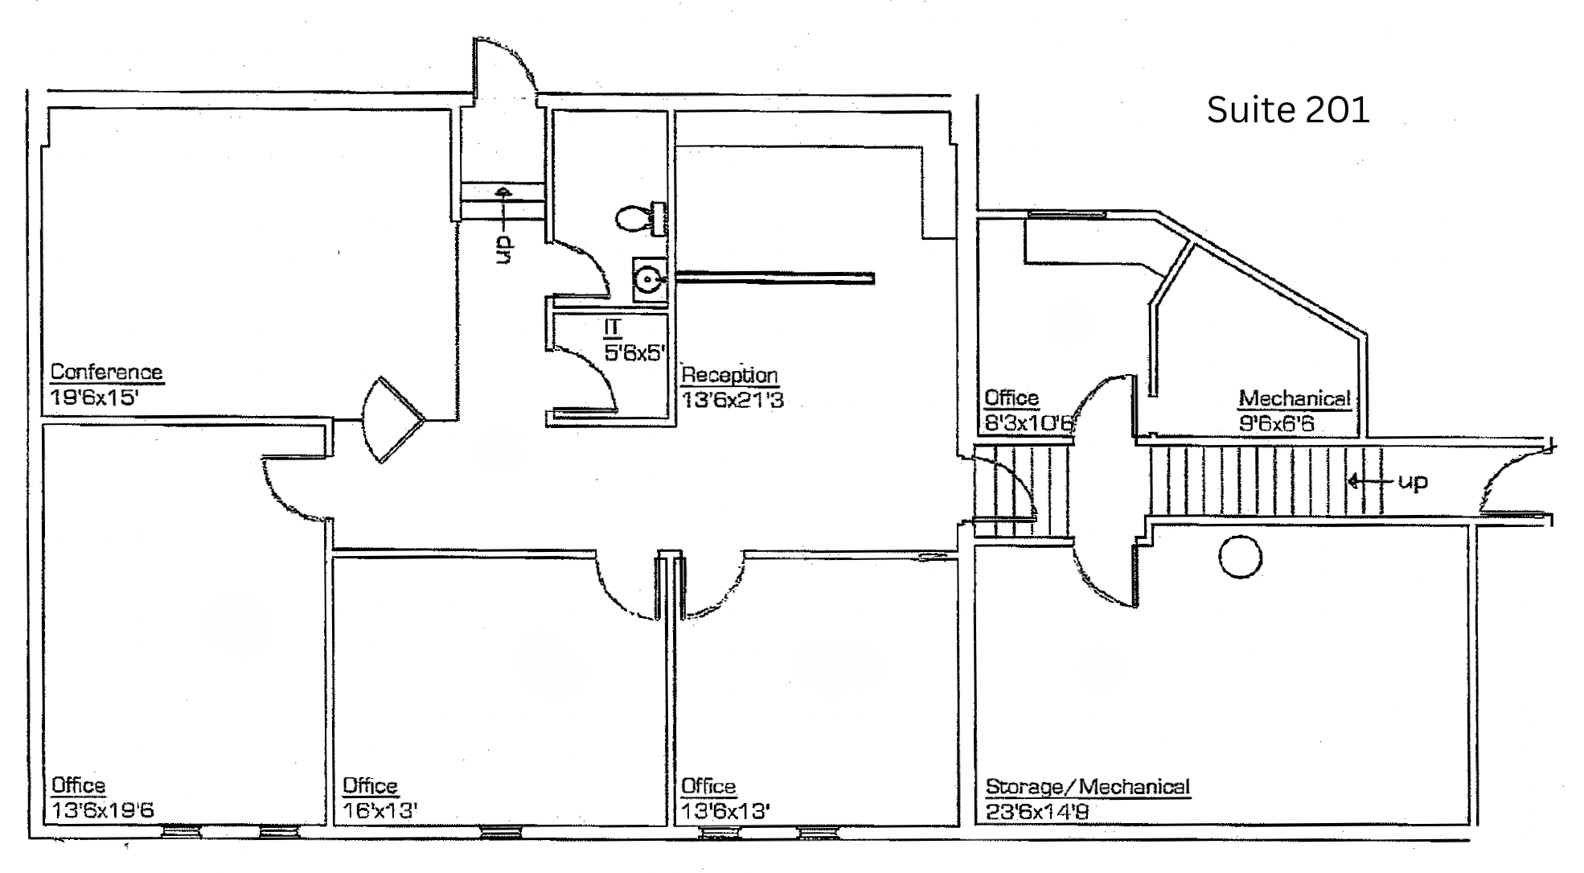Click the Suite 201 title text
pyautogui.click(x=1287, y=109)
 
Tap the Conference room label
pyautogui.click(x=106, y=372)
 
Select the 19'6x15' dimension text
pyautogui.click(x=94, y=397)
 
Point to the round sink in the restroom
pyautogui.click(x=648, y=279)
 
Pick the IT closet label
pyautogui.click(x=613, y=327)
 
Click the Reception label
pyautogui.click(x=729, y=375)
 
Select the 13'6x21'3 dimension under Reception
pyautogui.click(x=732, y=400)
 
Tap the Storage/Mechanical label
pyautogui.click(x=1088, y=786)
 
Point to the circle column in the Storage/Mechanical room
pyautogui.click(x=1240, y=557)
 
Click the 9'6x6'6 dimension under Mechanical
pyautogui.click(x=1276, y=423)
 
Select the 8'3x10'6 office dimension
pyautogui.click(x=1029, y=423)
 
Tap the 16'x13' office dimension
pyautogui.click(x=380, y=810)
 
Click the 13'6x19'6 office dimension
pyautogui.click(x=102, y=810)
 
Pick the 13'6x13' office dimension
pyautogui.click(x=725, y=811)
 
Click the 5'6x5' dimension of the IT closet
pyautogui.click(x=635, y=352)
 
